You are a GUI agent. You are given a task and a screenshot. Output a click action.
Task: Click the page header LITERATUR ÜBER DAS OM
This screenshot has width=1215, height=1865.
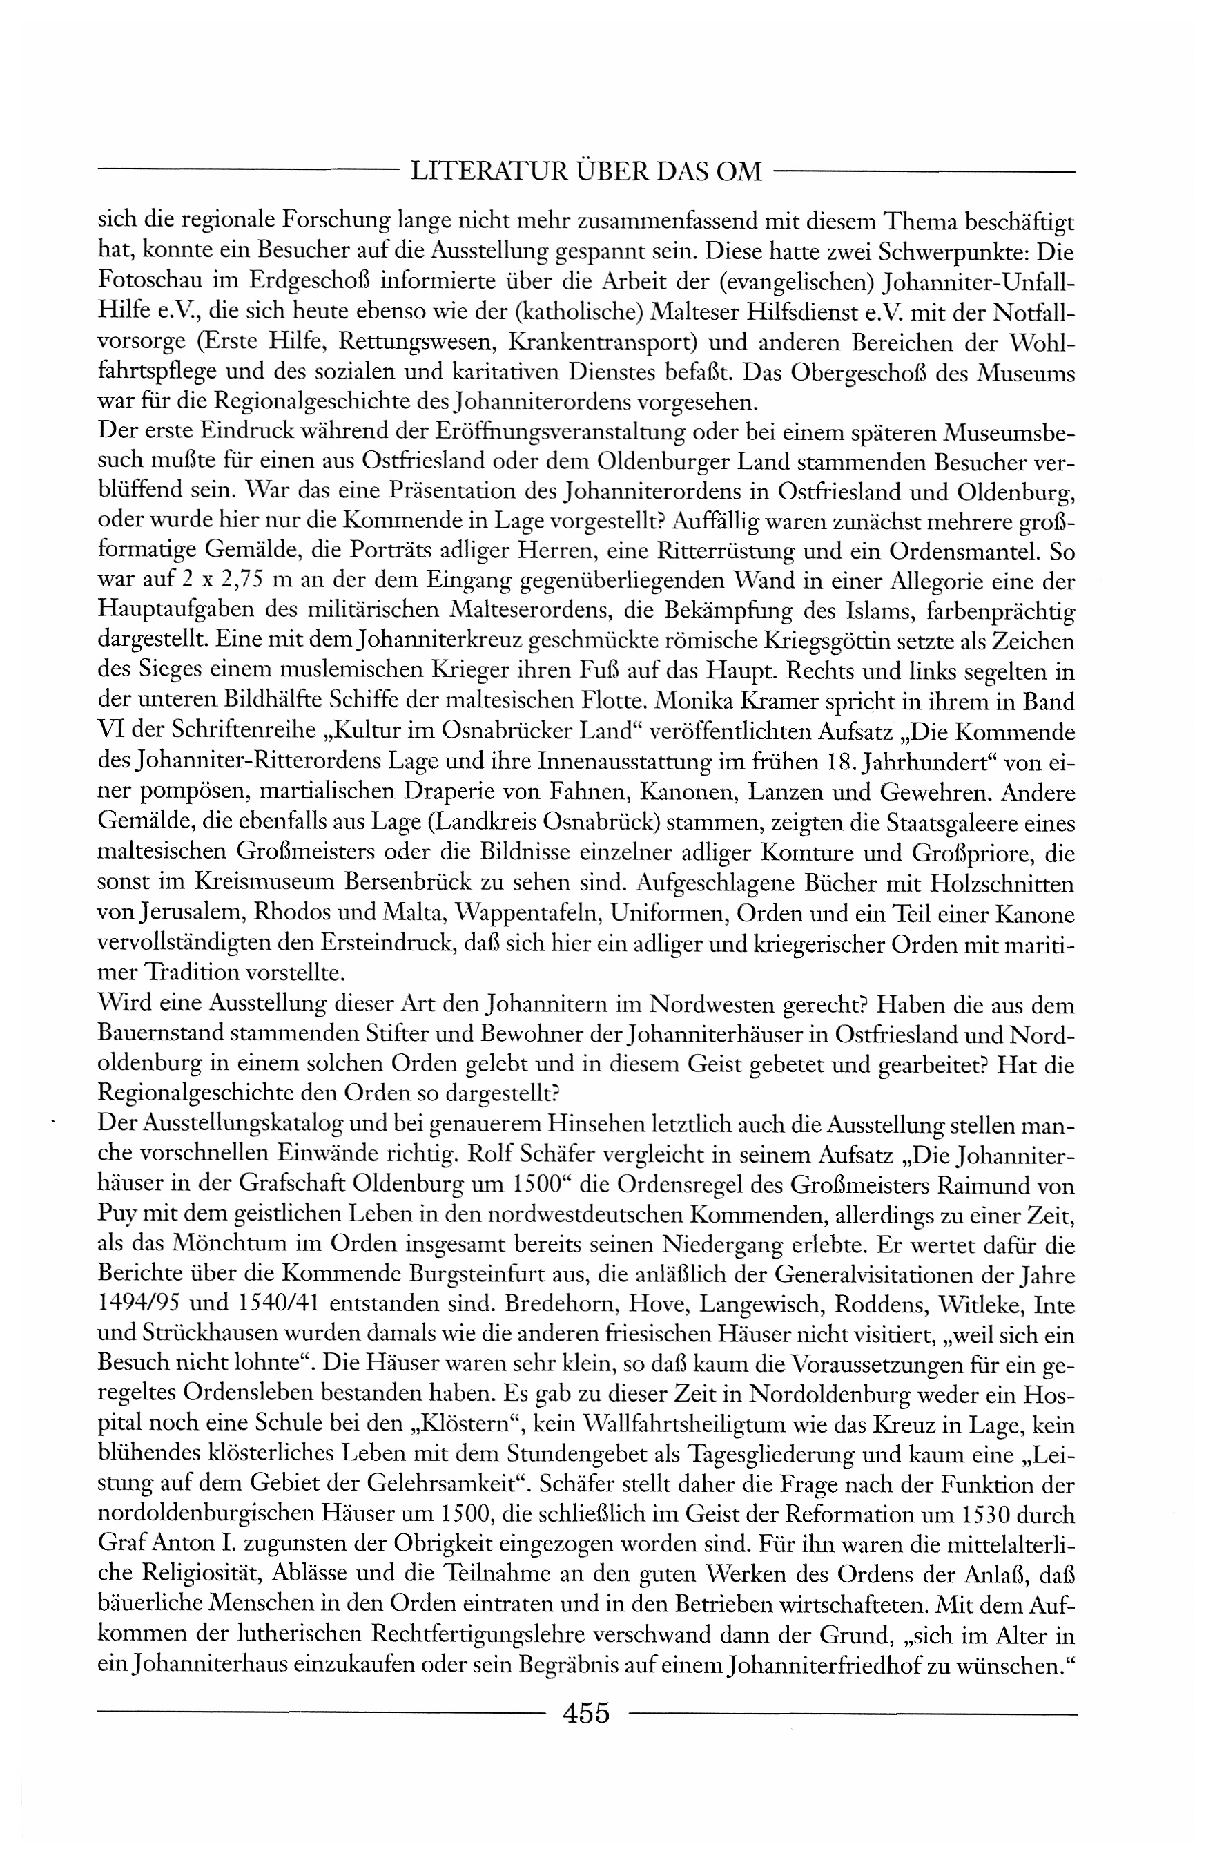586,171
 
